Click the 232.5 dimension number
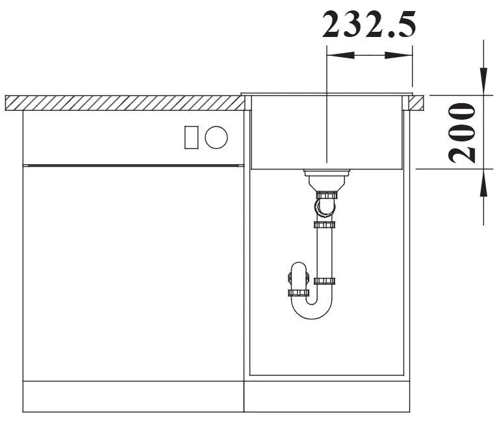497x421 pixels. pos(368,25)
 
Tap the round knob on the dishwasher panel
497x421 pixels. pos(216,138)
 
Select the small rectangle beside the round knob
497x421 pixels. pos(192,138)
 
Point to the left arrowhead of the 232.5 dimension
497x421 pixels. pos(340,55)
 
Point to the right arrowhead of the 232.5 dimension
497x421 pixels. pos(399,55)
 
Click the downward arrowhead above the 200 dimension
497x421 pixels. pos(483,81)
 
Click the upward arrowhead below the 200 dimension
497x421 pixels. pos(483,183)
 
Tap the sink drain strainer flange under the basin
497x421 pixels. pos(327,173)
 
